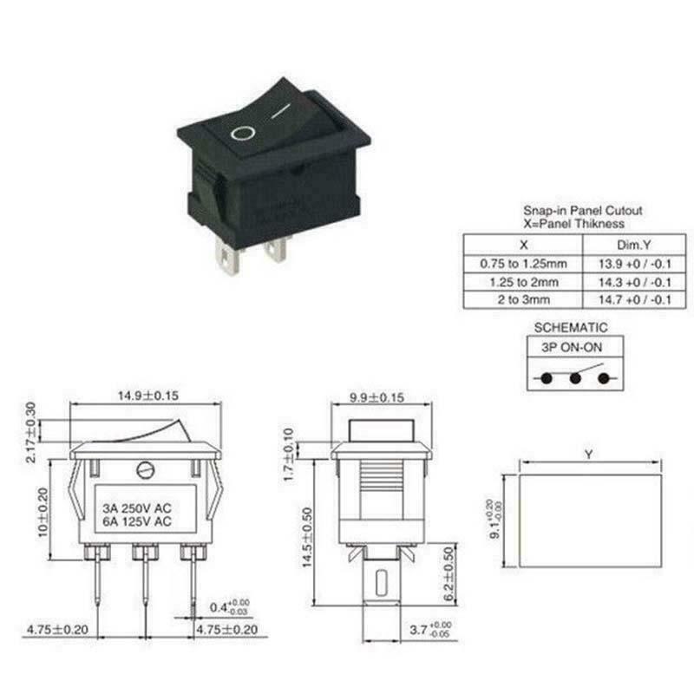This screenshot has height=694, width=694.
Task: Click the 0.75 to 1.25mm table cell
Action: pyautogui.click(x=523, y=263)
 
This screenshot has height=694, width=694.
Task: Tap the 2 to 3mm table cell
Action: pyautogui.click(x=523, y=300)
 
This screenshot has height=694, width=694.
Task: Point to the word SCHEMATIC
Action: pyautogui.click(x=571, y=328)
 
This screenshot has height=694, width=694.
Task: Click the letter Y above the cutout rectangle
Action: pyautogui.click(x=590, y=454)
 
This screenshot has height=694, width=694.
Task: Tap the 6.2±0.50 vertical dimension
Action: pyautogui.click(x=448, y=575)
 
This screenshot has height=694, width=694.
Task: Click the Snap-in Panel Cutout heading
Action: pyautogui.click(x=570, y=211)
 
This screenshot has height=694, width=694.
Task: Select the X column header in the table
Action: pyautogui.click(x=523, y=245)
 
